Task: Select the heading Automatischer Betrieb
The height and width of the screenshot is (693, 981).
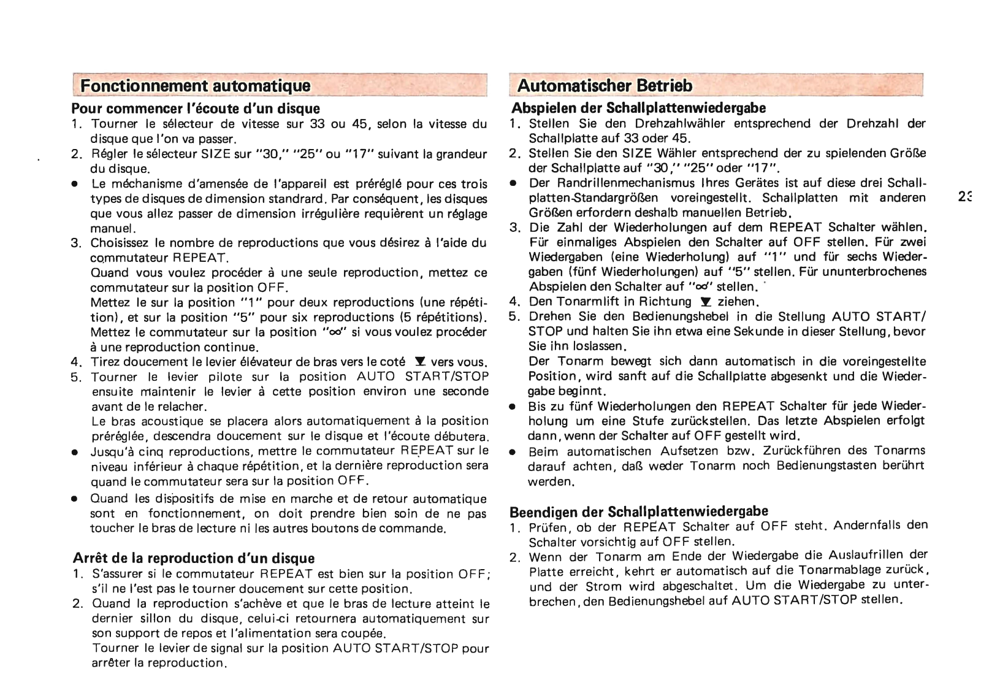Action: pos(605,85)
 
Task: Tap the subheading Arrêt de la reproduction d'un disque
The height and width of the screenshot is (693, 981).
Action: pos(194,558)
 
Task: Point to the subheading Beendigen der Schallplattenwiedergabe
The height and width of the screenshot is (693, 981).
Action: pos(639,511)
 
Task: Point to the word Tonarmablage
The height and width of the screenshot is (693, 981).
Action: pos(855,570)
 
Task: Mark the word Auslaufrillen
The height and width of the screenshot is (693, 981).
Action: pos(863,555)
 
